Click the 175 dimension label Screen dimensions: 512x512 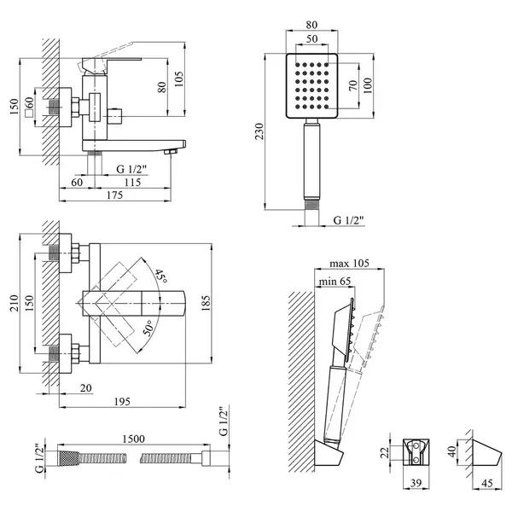coord(115,195)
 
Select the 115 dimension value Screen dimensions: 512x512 coord(132,182)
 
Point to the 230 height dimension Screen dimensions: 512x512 coord(259,131)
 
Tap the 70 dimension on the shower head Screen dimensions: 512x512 coord(353,85)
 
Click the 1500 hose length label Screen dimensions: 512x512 coord(134,439)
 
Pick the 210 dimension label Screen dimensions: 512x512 coord(15,303)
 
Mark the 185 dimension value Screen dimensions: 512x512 coord(206,303)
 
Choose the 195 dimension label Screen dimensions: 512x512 coord(122,401)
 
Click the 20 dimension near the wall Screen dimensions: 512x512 coord(86,387)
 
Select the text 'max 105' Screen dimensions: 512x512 coord(349,263)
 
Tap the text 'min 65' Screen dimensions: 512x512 coord(335,281)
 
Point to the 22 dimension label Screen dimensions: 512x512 coord(386,452)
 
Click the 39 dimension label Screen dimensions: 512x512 coord(416,483)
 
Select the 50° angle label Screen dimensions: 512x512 coord(148,329)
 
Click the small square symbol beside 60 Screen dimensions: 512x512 coord(29,113)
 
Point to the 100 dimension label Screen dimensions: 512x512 coord(368,85)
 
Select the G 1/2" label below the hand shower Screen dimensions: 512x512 coord(348,220)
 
